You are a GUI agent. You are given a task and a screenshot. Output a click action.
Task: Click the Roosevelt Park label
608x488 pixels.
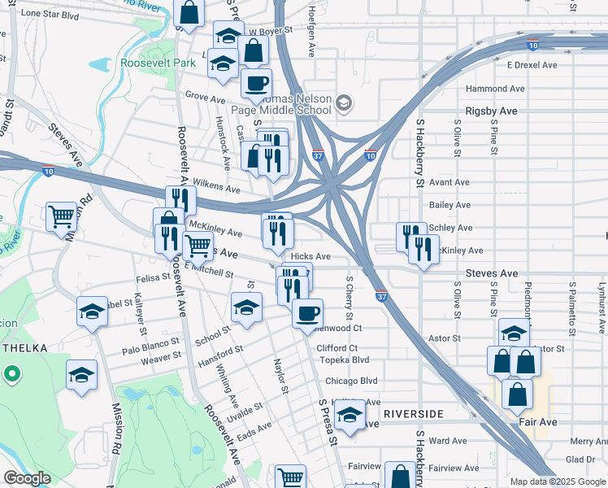[x=159, y=63]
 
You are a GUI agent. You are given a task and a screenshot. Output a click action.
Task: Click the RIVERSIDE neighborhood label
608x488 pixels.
[x=414, y=414]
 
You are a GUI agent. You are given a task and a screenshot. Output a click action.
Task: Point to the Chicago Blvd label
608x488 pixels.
[x=351, y=381]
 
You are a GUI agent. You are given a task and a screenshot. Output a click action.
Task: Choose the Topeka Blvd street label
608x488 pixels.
[x=344, y=359]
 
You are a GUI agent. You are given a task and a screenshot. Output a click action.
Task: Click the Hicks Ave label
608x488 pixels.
[x=311, y=256]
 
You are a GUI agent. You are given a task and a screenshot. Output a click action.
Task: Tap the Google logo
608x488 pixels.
[x=27, y=477]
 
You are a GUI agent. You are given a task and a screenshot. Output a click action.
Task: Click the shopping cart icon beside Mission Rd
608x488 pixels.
[x=61, y=217]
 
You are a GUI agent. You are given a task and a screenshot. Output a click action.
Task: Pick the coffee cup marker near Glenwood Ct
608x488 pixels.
[x=307, y=313]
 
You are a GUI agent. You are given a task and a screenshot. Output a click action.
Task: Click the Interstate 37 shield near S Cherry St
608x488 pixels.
[x=381, y=296]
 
